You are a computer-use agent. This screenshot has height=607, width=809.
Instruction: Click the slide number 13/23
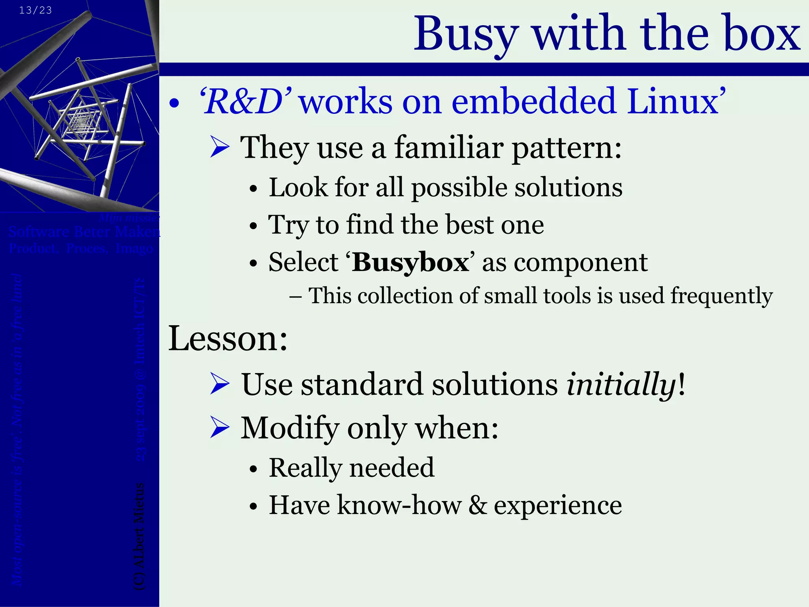pyautogui.click(x=35, y=10)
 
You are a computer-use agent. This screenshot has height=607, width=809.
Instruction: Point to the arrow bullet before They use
pyautogui.click(x=220, y=147)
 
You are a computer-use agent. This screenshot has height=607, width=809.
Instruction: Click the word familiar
pyautogui.click(x=449, y=147)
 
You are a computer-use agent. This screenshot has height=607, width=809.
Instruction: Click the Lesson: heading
pyautogui.click(x=228, y=338)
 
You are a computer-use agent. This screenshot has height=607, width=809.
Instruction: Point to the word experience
pyautogui.click(x=558, y=506)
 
